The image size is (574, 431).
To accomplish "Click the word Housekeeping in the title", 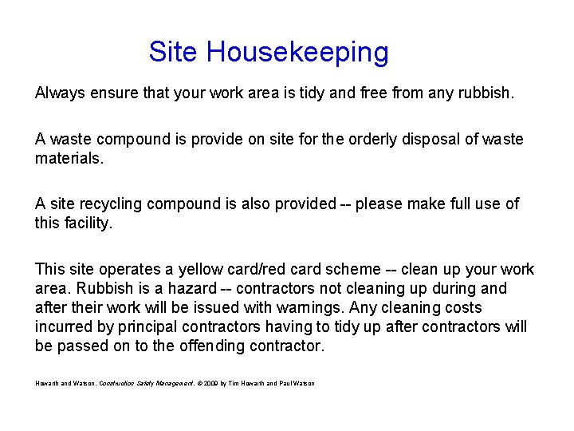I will pyautogui.click(x=297, y=53).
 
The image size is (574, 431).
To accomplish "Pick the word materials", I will pyautogui.click(x=69, y=158).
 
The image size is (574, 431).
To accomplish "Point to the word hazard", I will pyautogui.click(x=189, y=288).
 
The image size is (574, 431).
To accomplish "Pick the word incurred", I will pyautogui.click(x=63, y=326).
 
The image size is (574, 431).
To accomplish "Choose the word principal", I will pyautogui.click(x=151, y=326).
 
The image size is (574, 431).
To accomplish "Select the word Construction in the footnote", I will pyautogui.click(x=116, y=384).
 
